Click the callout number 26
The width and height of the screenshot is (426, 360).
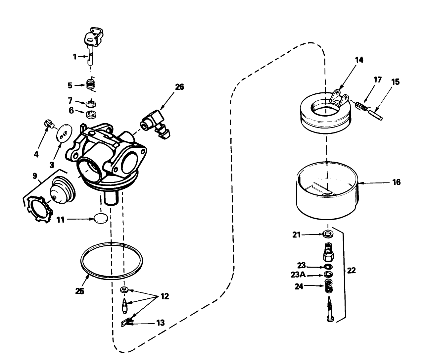point(179,87)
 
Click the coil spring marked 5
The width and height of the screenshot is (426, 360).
point(90,85)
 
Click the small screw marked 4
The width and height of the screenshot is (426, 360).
point(49,125)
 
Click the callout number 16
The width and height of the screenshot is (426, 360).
point(396,182)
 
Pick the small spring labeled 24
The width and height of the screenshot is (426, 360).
point(328,286)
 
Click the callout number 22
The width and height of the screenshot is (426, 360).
point(351,271)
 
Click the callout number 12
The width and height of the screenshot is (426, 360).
point(165,296)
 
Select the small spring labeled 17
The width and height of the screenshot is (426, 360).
point(362,107)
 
